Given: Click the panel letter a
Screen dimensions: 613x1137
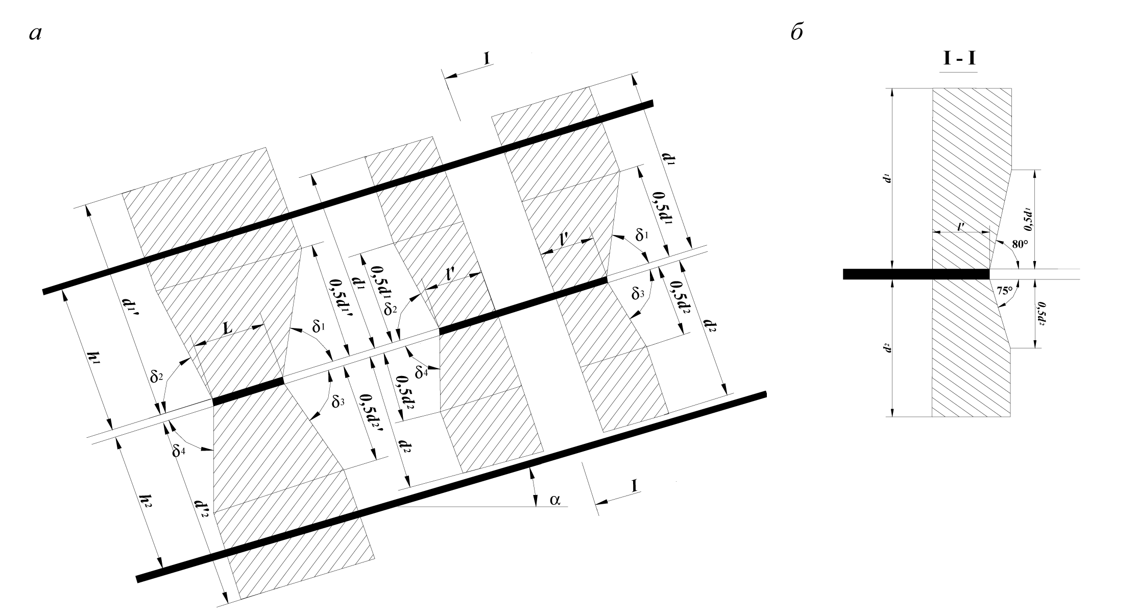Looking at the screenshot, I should click(35, 34).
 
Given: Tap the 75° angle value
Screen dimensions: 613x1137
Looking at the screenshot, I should click(1005, 291).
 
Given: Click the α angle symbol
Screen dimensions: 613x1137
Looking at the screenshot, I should click(555, 499).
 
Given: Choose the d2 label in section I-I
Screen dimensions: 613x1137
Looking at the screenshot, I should click(887, 349).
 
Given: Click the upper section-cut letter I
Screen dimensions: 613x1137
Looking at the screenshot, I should click(487, 58).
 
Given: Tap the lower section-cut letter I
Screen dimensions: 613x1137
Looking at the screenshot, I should click(634, 485).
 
